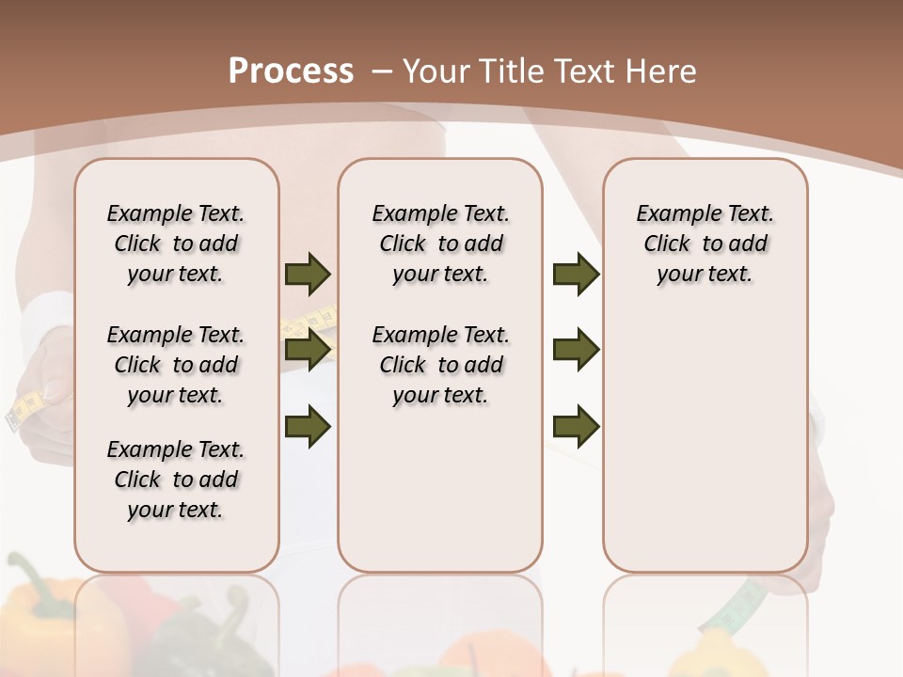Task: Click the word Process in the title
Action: click(x=291, y=71)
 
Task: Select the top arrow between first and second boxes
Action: click(x=308, y=274)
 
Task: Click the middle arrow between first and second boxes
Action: click(x=308, y=351)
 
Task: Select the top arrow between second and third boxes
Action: click(x=576, y=274)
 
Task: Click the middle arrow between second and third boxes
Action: click(x=576, y=351)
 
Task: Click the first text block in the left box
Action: click(x=176, y=244)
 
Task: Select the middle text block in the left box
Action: click(x=176, y=365)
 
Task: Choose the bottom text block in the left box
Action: click(x=176, y=480)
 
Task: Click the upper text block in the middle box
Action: click(x=440, y=244)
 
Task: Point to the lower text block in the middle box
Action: click(x=440, y=365)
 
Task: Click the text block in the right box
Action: click(x=705, y=244)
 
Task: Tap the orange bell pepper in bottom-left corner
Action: click(x=42, y=611)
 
